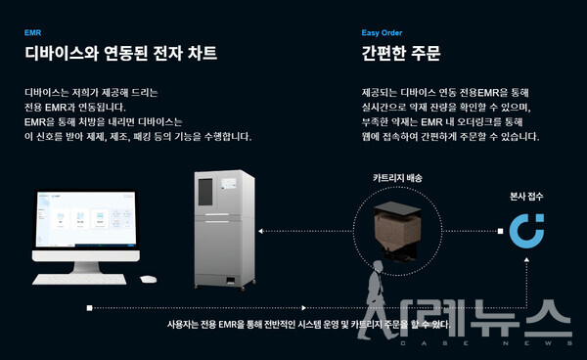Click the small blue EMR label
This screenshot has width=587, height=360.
tap(32, 31)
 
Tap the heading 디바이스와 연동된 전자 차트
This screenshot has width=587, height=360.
tap(120, 52)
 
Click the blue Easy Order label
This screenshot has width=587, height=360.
tap(383, 31)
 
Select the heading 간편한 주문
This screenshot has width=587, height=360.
tap(401, 52)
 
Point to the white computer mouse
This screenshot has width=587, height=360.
tap(148, 279)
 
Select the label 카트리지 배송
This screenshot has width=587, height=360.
tap(398, 179)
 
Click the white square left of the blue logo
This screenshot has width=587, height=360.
tap(499, 232)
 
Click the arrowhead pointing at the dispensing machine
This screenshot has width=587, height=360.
tap(275, 231)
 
